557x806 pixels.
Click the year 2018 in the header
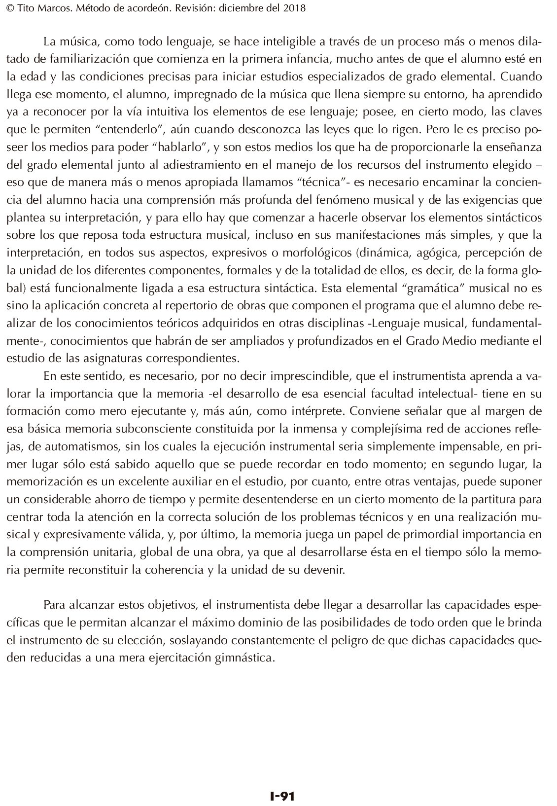[294, 8]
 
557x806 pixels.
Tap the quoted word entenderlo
[134, 131]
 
